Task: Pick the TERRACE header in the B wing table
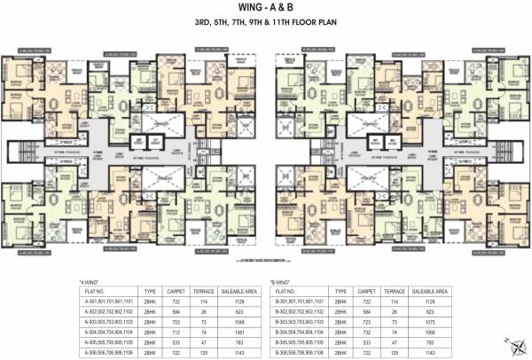pyautogui.click(x=392, y=289)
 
